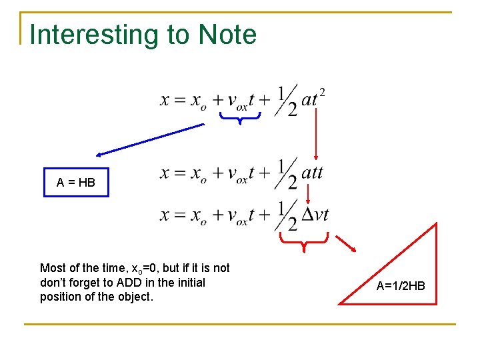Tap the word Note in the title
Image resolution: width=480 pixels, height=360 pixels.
coord(227,35)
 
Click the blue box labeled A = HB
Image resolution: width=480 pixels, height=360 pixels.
coord(76,182)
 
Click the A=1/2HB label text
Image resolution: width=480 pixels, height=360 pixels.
coord(400,286)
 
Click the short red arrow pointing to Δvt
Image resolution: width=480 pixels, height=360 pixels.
coord(307,193)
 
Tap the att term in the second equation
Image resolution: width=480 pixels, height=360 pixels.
coord(312,173)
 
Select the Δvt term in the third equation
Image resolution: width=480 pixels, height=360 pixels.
coord(315,215)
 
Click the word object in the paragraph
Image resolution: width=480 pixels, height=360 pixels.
coord(135,296)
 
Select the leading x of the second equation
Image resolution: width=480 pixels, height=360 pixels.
coord(166,174)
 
